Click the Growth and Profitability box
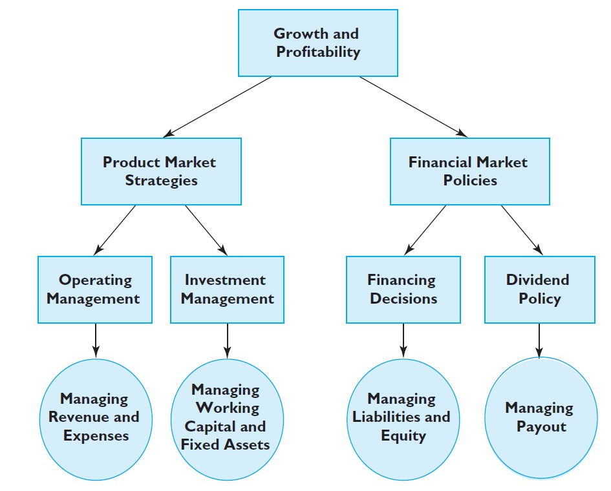[x=317, y=43]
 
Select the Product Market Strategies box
[x=160, y=171]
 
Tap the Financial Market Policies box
[x=469, y=171]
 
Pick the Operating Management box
[x=95, y=289]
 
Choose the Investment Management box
[x=227, y=289]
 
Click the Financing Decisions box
[x=403, y=289]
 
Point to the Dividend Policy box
[x=539, y=289]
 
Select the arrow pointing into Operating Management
[x=116, y=230]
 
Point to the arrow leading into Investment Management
[x=206, y=230]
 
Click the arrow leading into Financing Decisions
[x=425, y=230]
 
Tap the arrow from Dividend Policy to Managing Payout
[x=539, y=340]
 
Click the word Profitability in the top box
[x=318, y=52]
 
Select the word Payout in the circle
[x=541, y=427]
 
